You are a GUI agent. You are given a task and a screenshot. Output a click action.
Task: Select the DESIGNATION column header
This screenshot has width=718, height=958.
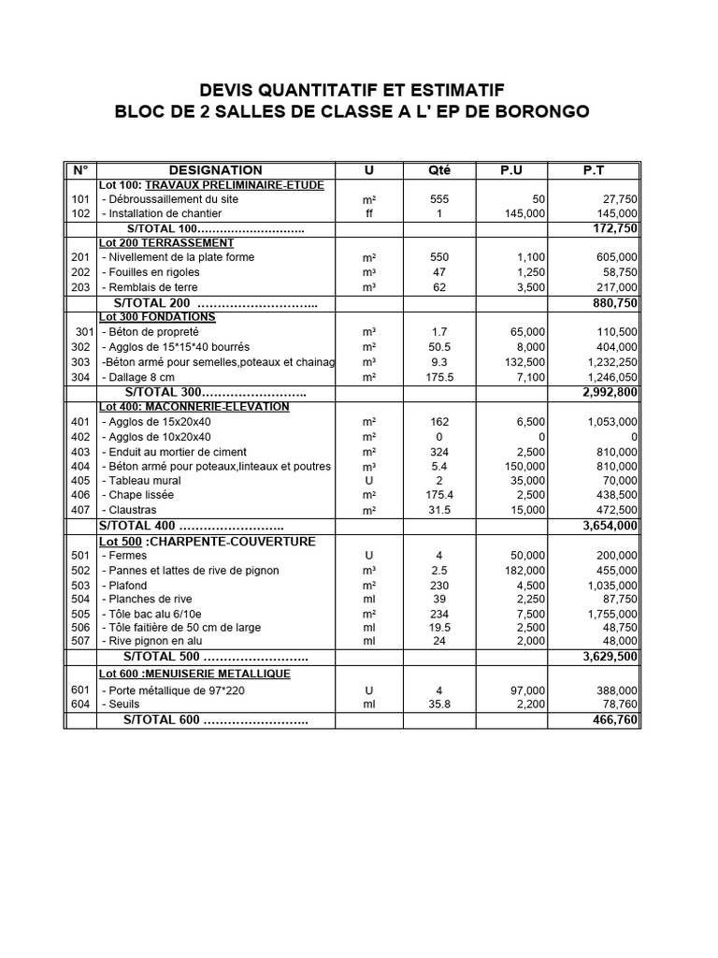[x=215, y=170]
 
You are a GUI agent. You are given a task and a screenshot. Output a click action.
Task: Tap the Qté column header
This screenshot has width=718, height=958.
[x=438, y=170]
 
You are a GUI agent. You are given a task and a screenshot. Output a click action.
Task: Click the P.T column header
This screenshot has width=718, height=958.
[x=593, y=170]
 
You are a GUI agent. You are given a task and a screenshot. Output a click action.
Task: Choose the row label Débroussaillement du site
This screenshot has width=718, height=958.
[x=167, y=199]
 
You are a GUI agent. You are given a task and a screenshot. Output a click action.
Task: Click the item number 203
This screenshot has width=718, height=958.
[x=80, y=287]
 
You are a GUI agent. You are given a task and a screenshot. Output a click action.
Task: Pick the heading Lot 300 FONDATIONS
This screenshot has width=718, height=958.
[x=157, y=317]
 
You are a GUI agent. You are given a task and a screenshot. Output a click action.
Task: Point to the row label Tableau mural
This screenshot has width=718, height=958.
[x=143, y=481]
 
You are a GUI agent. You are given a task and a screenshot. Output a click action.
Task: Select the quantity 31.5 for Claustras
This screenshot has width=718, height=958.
[x=439, y=510]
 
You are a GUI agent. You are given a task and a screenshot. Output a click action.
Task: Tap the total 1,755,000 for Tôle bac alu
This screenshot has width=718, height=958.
[x=605, y=614]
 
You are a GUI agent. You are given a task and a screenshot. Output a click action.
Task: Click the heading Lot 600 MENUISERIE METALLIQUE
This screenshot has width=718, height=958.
[x=194, y=674]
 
